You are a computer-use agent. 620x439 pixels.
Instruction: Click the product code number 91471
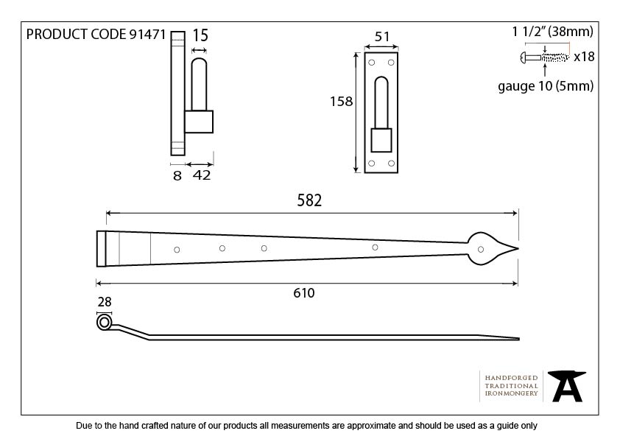coord(147,35)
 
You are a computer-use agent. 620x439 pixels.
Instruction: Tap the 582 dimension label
coord(309,200)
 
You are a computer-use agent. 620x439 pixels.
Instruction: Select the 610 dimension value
coord(304,293)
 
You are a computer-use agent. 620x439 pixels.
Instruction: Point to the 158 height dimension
coord(341,102)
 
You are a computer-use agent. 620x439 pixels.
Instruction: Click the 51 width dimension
coord(382,37)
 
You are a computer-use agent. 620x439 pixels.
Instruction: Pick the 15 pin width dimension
coord(200,35)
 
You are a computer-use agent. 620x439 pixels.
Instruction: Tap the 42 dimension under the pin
coord(202,175)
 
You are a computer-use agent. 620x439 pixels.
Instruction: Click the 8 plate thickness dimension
coord(177,175)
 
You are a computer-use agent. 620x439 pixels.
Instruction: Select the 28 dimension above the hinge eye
coord(105,302)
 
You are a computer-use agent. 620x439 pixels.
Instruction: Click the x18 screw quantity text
coord(584,57)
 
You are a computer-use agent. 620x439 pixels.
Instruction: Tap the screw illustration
coord(545,57)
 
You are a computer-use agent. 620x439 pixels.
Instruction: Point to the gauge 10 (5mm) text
coord(546,86)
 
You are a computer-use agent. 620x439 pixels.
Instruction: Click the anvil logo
coord(567,386)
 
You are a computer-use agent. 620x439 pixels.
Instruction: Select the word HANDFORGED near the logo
coord(511,378)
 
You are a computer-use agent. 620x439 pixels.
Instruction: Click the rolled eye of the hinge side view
coord(104,323)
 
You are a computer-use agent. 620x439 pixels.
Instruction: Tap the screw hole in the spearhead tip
coord(481,249)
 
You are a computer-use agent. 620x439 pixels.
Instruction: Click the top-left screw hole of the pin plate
coord(372,63)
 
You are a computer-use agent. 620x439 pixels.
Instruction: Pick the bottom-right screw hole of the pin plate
coord(392,164)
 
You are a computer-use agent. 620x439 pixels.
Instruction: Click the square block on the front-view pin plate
coord(381,140)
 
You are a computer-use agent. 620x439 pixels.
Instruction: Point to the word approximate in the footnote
coord(372,426)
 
